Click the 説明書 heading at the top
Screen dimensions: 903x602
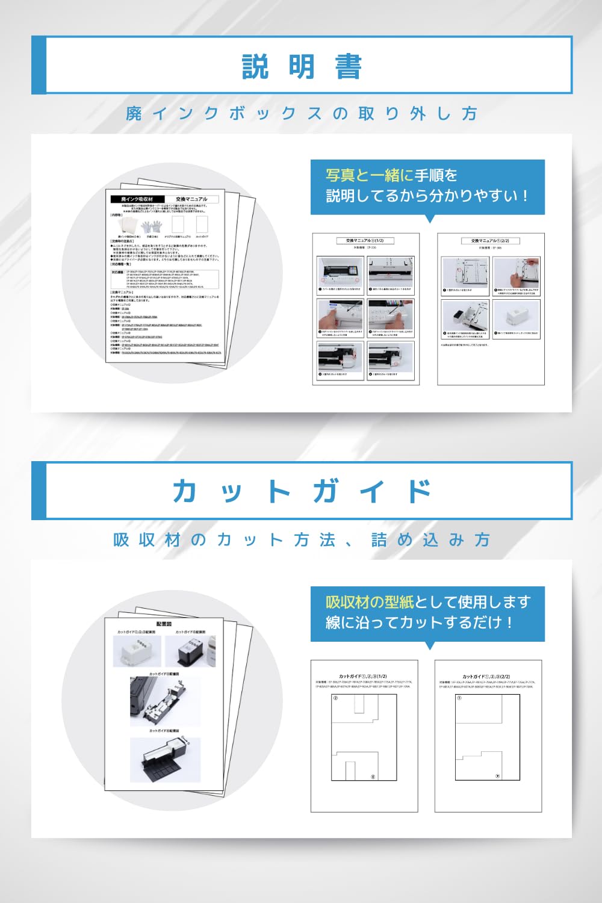click(302, 66)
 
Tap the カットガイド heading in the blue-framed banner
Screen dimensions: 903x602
click(302, 491)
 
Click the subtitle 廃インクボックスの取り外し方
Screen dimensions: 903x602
click(302, 113)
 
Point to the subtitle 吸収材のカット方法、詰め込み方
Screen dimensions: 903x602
click(302, 539)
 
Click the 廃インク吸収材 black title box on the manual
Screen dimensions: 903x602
click(137, 199)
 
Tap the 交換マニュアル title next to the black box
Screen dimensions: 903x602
click(191, 199)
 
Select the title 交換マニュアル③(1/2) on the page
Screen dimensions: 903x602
click(365, 241)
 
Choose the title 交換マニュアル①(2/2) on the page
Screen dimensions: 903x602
click(490, 241)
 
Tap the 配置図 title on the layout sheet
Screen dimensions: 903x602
click(164, 624)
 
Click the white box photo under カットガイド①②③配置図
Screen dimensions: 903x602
click(137, 651)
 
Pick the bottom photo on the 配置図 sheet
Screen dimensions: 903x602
click(164, 760)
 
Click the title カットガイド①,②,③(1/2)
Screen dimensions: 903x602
click(363, 677)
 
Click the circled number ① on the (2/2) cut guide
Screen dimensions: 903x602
click(459, 698)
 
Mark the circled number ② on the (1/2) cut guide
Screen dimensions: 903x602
click(335, 698)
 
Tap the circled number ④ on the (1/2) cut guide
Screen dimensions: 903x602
click(373, 777)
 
